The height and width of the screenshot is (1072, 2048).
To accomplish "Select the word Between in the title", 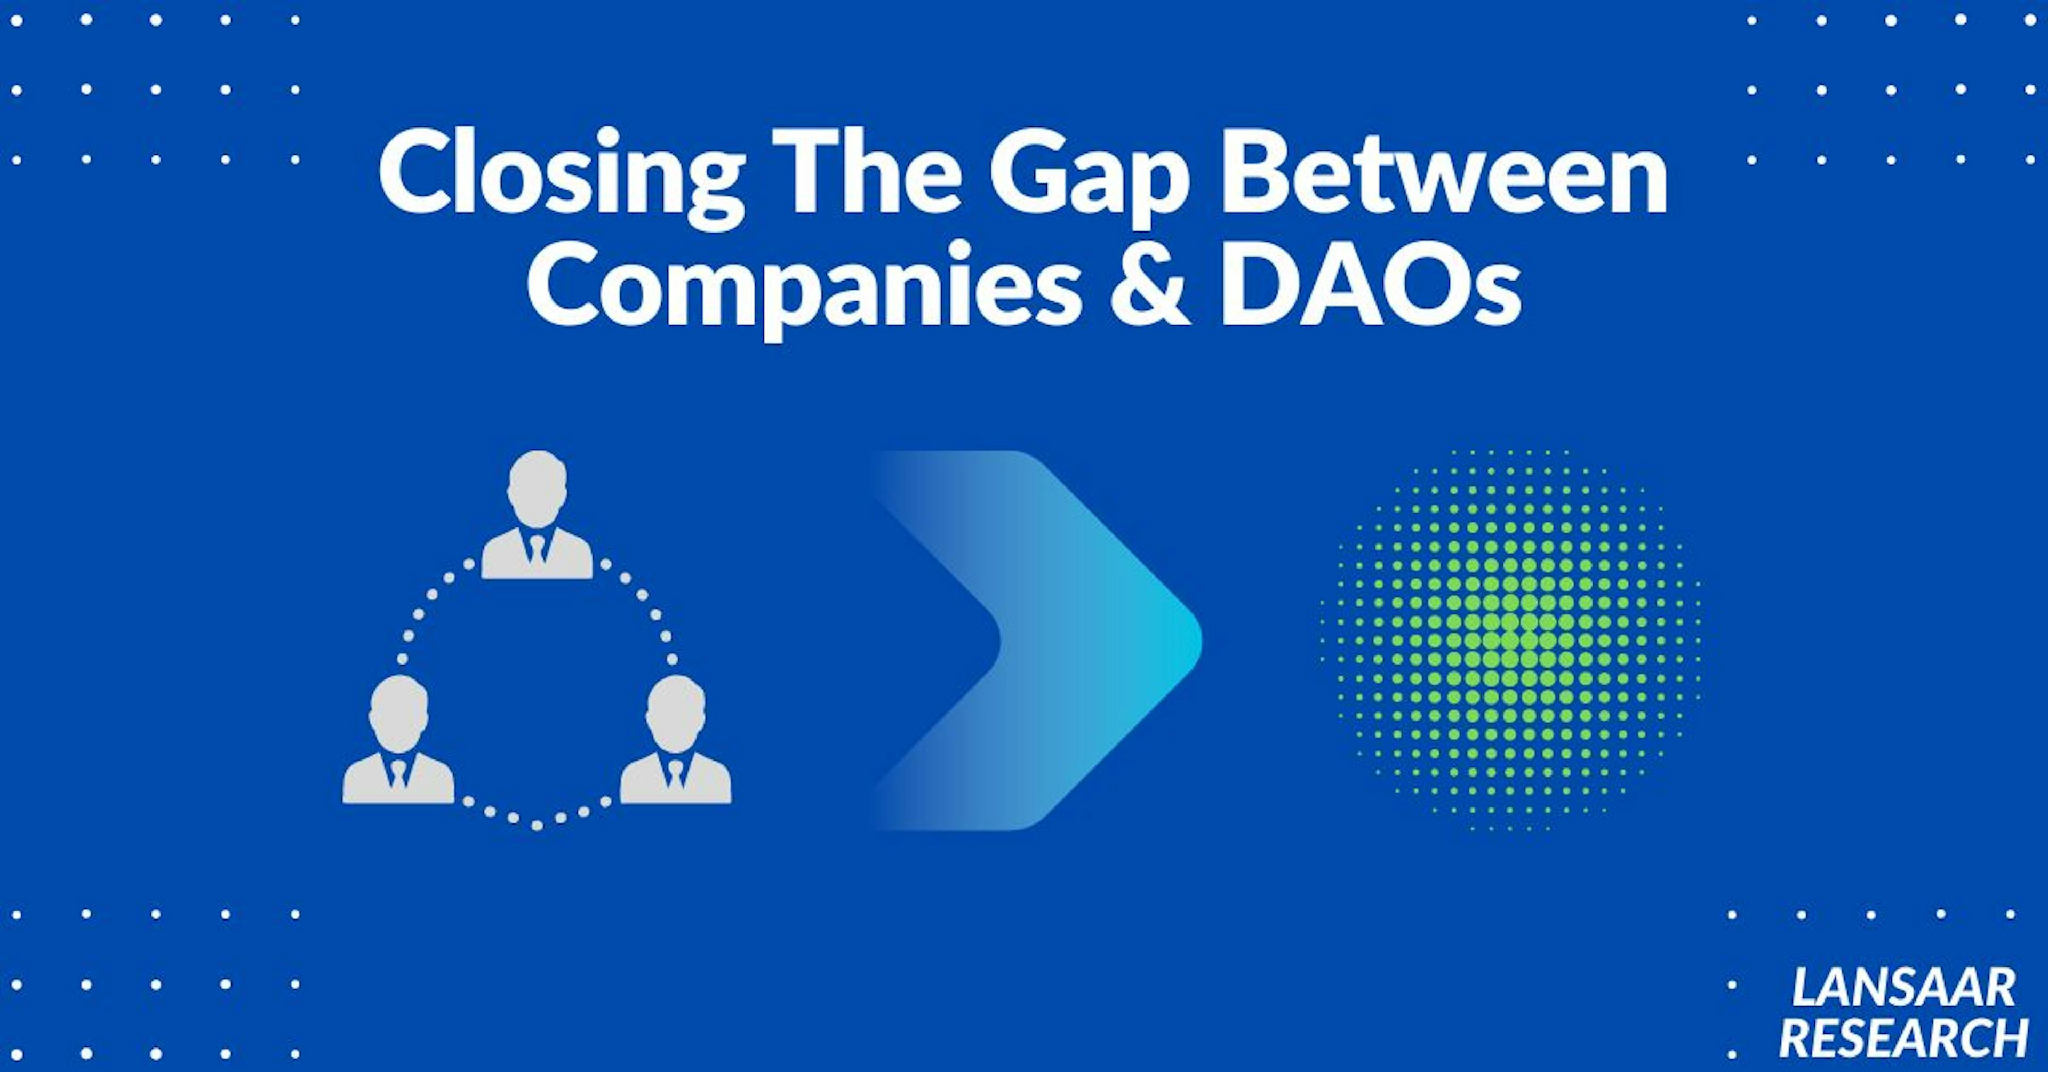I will point(1444,173).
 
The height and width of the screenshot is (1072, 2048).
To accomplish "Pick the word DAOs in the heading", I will point(1371,285).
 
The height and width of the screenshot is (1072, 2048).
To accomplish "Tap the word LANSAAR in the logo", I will point(1902,988).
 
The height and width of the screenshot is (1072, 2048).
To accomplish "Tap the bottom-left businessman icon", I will point(398,740).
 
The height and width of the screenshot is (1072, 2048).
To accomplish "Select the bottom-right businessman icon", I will point(675,740).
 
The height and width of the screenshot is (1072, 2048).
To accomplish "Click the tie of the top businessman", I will point(538,550).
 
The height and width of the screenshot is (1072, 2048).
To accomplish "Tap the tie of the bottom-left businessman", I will point(398,774).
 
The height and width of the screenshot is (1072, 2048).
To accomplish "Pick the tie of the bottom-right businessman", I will point(675,774).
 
